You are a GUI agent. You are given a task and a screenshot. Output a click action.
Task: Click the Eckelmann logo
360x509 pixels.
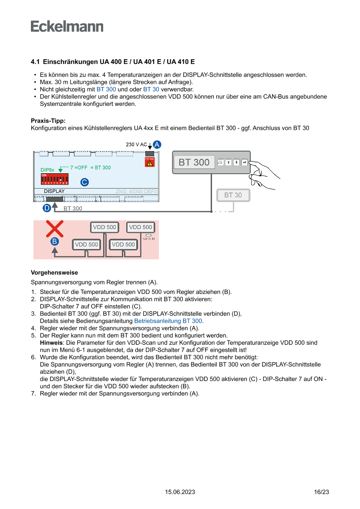67,27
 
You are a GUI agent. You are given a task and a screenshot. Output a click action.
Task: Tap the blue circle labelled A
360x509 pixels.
157,144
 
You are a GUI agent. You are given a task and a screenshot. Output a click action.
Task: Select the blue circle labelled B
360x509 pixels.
54,241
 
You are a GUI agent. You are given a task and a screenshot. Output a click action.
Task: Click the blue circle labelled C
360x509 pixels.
85,182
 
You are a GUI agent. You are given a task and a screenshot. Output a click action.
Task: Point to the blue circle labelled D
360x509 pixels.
47,208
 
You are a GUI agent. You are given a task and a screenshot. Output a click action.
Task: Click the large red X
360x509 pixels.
55,229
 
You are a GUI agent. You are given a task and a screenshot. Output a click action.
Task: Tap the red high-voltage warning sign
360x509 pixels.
149,162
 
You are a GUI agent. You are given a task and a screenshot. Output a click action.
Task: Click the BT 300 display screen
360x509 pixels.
194,162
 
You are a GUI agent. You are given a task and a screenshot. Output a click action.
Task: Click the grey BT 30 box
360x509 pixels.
233,195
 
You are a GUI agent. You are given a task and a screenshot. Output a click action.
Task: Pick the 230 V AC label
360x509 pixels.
136,144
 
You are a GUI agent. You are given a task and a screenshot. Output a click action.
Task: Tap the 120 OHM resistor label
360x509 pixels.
148,239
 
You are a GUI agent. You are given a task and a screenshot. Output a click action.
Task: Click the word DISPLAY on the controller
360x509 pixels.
54,191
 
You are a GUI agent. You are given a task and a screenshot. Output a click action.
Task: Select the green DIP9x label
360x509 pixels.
47,169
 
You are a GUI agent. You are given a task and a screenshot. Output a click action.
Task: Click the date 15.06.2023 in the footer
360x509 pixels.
180,492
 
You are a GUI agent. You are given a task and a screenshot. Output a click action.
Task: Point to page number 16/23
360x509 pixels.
321,492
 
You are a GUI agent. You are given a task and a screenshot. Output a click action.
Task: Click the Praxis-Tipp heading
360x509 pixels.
48,121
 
